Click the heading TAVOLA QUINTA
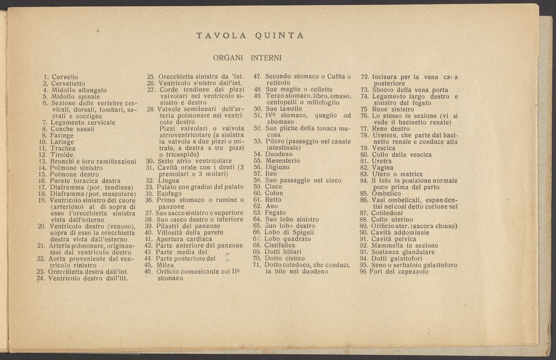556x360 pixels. pyautogui.click(x=250, y=35)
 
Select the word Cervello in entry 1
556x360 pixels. pyautogui.click(x=65, y=76)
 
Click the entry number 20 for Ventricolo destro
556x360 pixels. pyautogui.click(x=41, y=226)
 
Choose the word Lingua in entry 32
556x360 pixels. pyautogui.click(x=169, y=180)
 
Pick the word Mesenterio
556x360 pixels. pyautogui.click(x=282, y=161)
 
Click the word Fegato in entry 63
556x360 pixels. pyautogui.click(x=276, y=213)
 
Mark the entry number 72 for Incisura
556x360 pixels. pyautogui.click(x=364, y=76)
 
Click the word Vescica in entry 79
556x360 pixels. pyautogui.click(x=384, y=148)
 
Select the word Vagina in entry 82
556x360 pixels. pyautogui.click(x=383, y=167)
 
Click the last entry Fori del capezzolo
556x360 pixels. pyautogui.click(x=398, y=272)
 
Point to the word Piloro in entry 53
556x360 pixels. pyautogui.click(x=275, y=141)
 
